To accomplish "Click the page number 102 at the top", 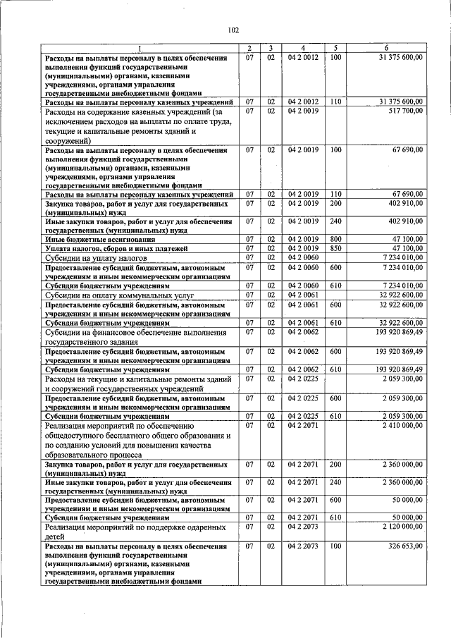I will pos(234,30).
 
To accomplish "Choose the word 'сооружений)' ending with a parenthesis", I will pos(68,141).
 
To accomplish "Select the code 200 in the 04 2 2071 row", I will pos(335,465).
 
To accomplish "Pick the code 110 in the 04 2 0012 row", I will pos(335,102).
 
